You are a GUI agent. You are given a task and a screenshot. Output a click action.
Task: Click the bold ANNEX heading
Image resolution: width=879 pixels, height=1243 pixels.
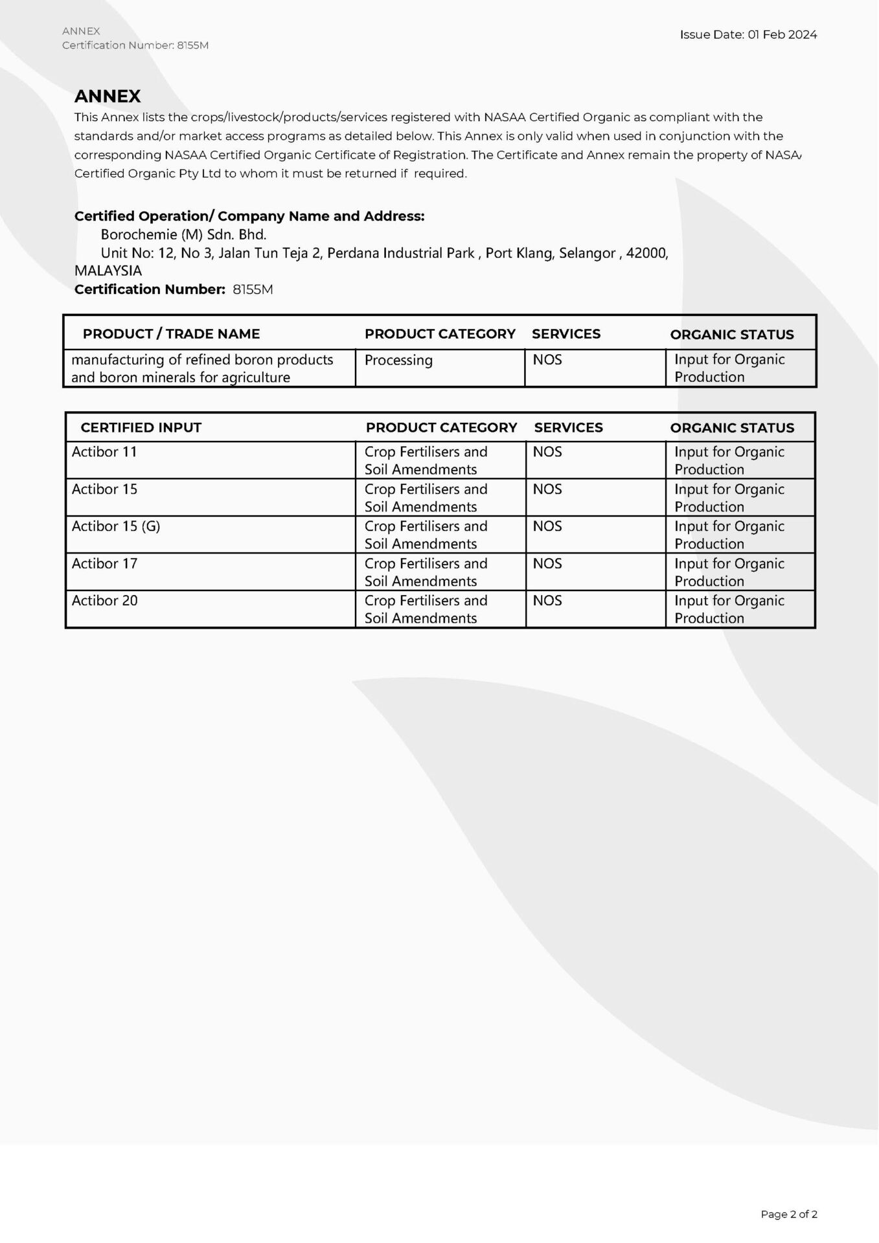point(108,96)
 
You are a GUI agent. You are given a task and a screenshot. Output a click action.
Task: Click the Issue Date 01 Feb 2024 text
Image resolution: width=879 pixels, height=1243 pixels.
point(748,35)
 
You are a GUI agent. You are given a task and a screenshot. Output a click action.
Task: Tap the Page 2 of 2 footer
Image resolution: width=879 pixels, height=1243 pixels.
point(788,1214)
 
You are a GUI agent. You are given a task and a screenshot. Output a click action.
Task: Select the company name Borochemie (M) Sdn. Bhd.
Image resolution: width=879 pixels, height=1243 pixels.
point(183,234)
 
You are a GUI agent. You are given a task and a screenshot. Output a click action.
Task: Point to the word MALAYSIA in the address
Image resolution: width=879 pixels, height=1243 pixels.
point(108,271)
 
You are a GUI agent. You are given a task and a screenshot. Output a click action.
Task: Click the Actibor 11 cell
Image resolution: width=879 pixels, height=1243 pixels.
point(104,452)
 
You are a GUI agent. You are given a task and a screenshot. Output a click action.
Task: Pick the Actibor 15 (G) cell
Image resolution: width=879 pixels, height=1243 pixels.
point(116,526)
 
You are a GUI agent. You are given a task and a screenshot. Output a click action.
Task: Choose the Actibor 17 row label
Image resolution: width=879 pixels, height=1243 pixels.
point(104,563)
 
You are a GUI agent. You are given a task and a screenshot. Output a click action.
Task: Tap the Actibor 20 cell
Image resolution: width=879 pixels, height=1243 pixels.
point(104,601)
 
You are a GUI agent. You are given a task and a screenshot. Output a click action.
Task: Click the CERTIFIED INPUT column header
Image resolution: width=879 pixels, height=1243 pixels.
point(141,427)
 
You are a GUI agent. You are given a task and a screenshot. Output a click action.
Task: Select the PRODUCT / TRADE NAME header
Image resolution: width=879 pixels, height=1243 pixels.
point(171,334)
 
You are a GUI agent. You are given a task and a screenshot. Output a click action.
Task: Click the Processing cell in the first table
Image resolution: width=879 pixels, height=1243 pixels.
point(398,360)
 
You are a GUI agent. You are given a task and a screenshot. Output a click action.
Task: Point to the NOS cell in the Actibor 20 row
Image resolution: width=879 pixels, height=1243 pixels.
point(547,601)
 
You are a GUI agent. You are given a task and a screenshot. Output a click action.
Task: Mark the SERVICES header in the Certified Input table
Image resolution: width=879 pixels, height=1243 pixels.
point(568,427)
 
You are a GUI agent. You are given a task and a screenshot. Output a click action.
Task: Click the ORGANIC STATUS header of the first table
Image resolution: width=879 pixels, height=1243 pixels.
point(732,335)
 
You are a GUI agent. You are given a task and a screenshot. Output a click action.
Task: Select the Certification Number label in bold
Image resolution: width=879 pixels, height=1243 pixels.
point(150,289)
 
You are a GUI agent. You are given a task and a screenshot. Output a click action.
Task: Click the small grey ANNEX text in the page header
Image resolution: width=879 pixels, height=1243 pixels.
point(81,31)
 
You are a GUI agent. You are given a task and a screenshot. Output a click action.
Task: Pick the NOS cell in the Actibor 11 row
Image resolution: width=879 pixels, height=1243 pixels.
point(547,452)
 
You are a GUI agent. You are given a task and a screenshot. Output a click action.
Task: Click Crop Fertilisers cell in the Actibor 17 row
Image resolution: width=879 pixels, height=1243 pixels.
point(426,572)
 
